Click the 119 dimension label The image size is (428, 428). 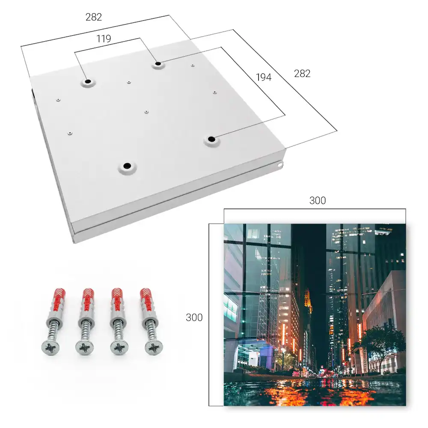104,39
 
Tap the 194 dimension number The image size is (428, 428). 264,77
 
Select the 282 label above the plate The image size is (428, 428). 94,17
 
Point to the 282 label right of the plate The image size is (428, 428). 302,74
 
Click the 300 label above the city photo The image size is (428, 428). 318,200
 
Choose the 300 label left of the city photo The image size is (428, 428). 194,318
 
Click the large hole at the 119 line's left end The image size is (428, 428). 88,81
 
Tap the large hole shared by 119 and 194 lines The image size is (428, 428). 158,64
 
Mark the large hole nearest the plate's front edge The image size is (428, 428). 127,166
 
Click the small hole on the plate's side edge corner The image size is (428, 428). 279,165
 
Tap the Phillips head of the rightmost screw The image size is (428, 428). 154,348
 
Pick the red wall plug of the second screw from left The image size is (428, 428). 88,301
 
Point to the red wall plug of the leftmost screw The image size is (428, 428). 58,301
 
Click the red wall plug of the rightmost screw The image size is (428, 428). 146,301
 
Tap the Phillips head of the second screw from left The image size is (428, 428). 84,348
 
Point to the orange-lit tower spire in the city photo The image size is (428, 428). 308,300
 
